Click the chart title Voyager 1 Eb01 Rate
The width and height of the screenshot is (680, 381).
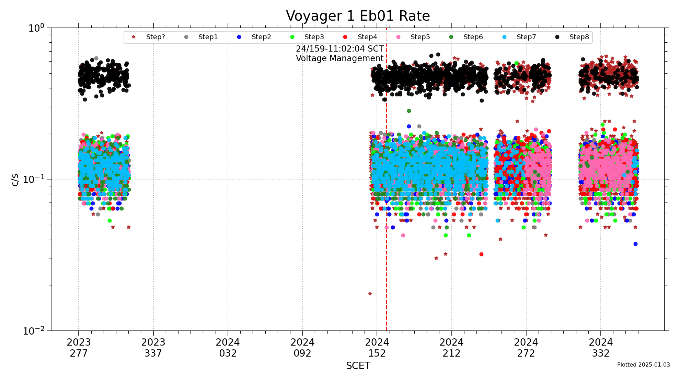[358, 16]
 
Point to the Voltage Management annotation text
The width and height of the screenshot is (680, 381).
[339, 58]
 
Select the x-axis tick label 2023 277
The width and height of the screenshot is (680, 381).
[79, 348]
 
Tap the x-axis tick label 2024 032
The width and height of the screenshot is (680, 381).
[228, 348]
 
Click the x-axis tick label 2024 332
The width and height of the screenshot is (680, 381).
[601, 348]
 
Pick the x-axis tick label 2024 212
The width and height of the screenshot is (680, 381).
[451, 348]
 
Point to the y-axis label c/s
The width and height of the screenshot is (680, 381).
[15, 179]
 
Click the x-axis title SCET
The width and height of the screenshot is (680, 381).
[358, 366]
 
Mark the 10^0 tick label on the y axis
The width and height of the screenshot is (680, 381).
[36, 28]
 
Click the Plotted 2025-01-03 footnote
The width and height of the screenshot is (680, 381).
[643, 365]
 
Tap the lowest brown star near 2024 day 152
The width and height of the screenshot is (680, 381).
[370, 294]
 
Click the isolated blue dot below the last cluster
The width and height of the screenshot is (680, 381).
[635, 244]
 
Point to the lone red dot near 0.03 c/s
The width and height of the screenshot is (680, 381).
[481, 254]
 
